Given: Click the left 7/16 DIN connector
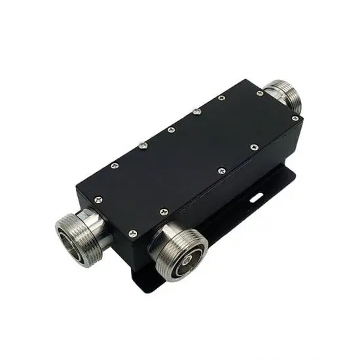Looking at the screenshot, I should pyautogui.click(x=77, y=230).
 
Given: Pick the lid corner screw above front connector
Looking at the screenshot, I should pyautogui.click(x=133, y=231).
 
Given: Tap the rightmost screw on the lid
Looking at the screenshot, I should pyautogui.click(x=295, y=118).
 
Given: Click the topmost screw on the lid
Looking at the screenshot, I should pyautogui.click(x=222, y=98).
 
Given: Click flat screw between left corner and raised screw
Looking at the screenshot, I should pyautogui.click(x=115, y=165).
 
